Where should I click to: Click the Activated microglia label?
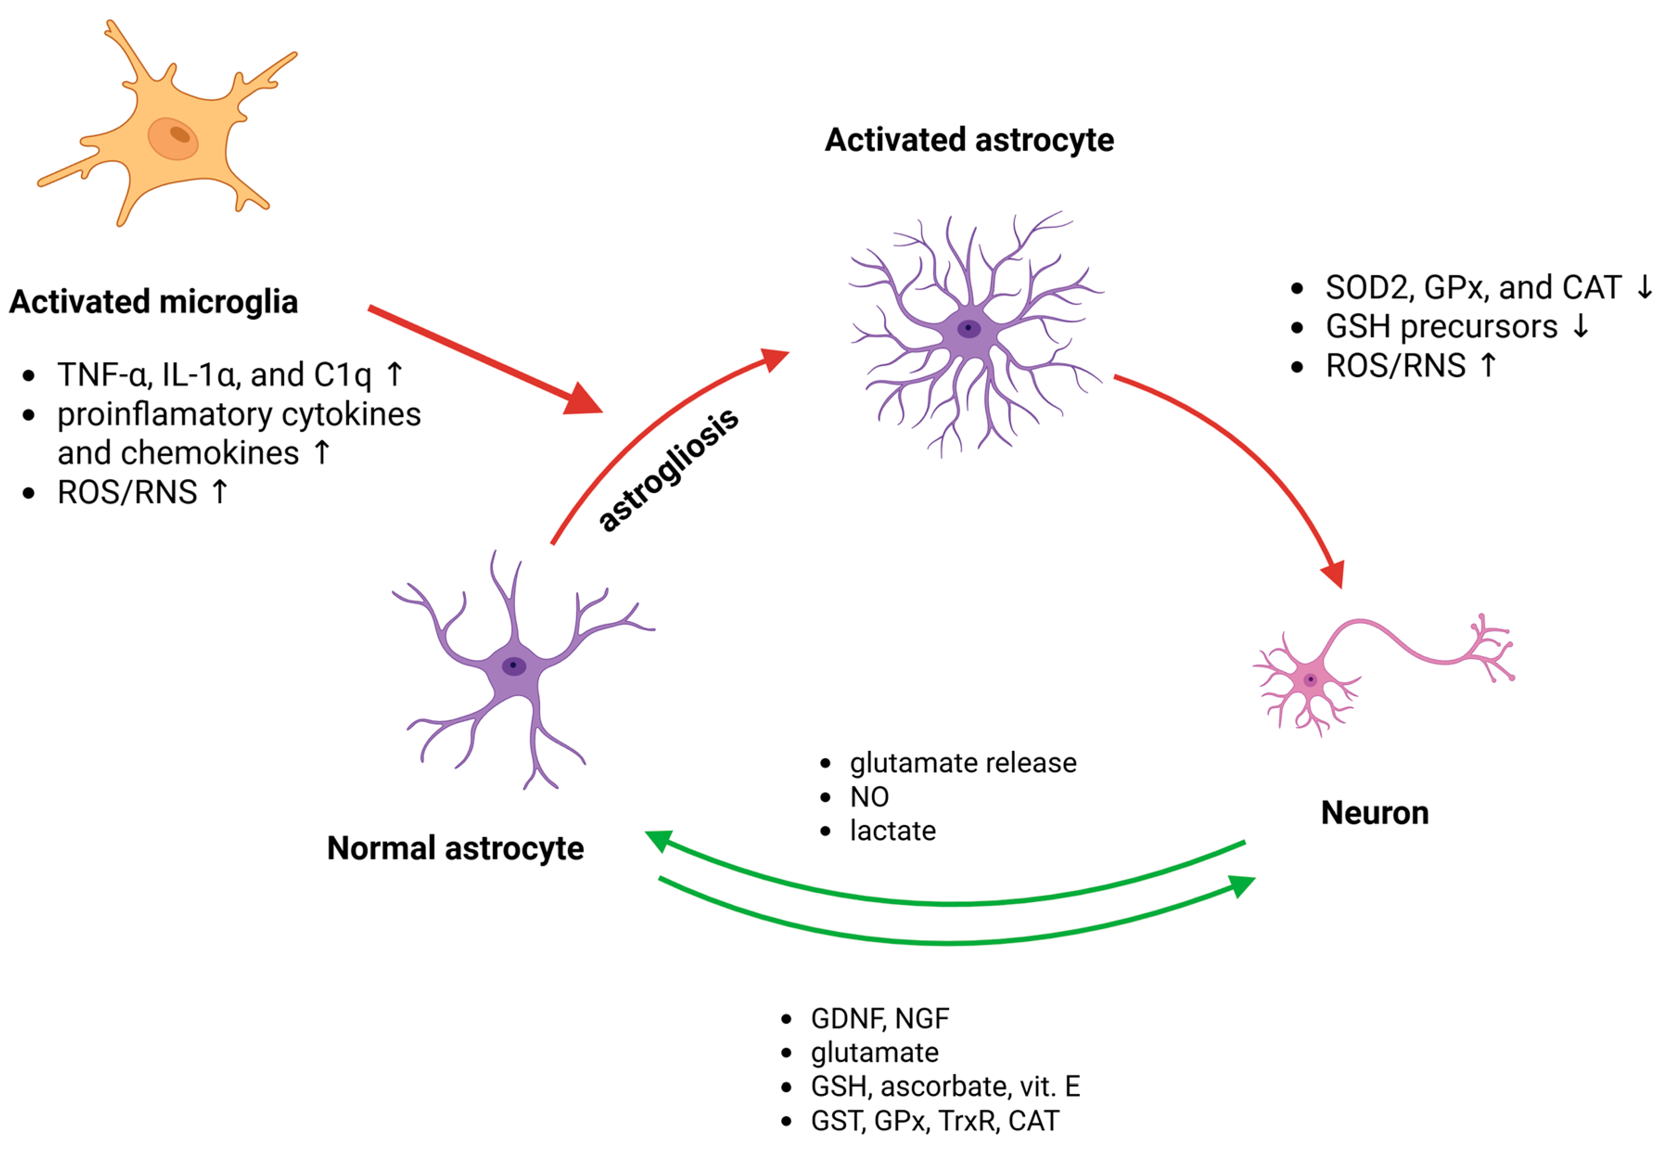(x=153, y=302)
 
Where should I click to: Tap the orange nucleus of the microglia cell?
(x=173, y=138)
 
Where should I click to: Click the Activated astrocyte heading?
(x=969, y=140)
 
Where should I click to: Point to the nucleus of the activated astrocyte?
(x=968, y=328)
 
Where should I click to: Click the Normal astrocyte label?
(x=455, y=848)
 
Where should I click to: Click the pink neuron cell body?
(x=1309, y=679)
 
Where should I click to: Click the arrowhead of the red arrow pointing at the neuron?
(x=1334, y=573)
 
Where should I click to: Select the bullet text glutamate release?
(x=962, y=763)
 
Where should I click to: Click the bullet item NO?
(x=869, y=797)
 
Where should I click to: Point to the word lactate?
(x=892, y=831)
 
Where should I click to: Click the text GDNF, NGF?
(x=879, y=1018)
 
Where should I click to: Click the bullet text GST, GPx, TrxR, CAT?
(x=934, y=1121)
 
